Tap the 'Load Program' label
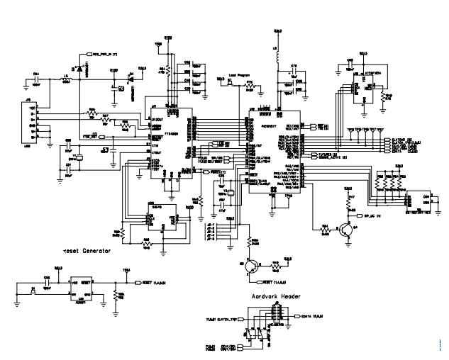pyautogui.click(x=240, y=74)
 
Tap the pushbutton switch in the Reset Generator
pyautogui.click(x=33, y=291)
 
